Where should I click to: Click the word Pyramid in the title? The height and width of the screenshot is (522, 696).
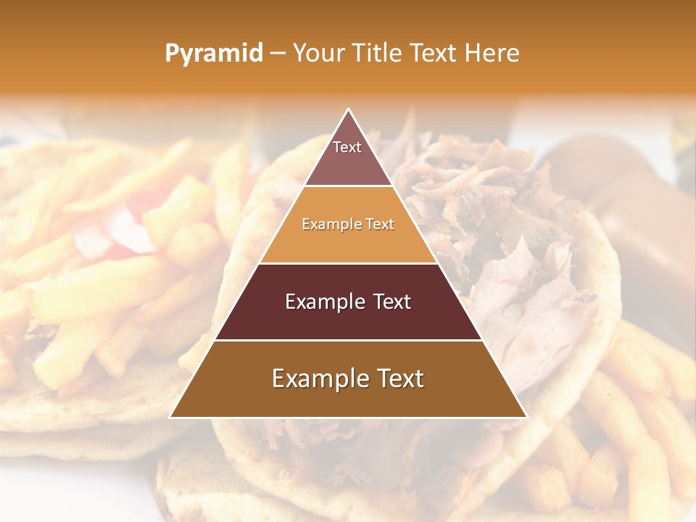coord(213,54)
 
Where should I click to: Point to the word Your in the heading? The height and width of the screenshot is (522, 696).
coord(318,54)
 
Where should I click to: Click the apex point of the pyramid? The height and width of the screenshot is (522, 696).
coord(349,109)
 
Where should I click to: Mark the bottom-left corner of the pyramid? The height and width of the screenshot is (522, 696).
coord(171,417)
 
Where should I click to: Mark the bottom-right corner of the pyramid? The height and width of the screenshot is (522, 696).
coord(526,417)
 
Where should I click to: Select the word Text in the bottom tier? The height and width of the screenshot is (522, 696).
coord(399,379)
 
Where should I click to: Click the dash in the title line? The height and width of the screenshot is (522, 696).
coord(278,54)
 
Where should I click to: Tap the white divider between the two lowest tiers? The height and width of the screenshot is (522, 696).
coord(348,340)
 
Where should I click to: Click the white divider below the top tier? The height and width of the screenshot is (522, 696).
coord(348,186)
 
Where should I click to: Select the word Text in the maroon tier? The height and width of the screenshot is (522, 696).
coord(390,302)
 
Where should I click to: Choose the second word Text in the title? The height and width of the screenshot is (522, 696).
coord(435,54)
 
